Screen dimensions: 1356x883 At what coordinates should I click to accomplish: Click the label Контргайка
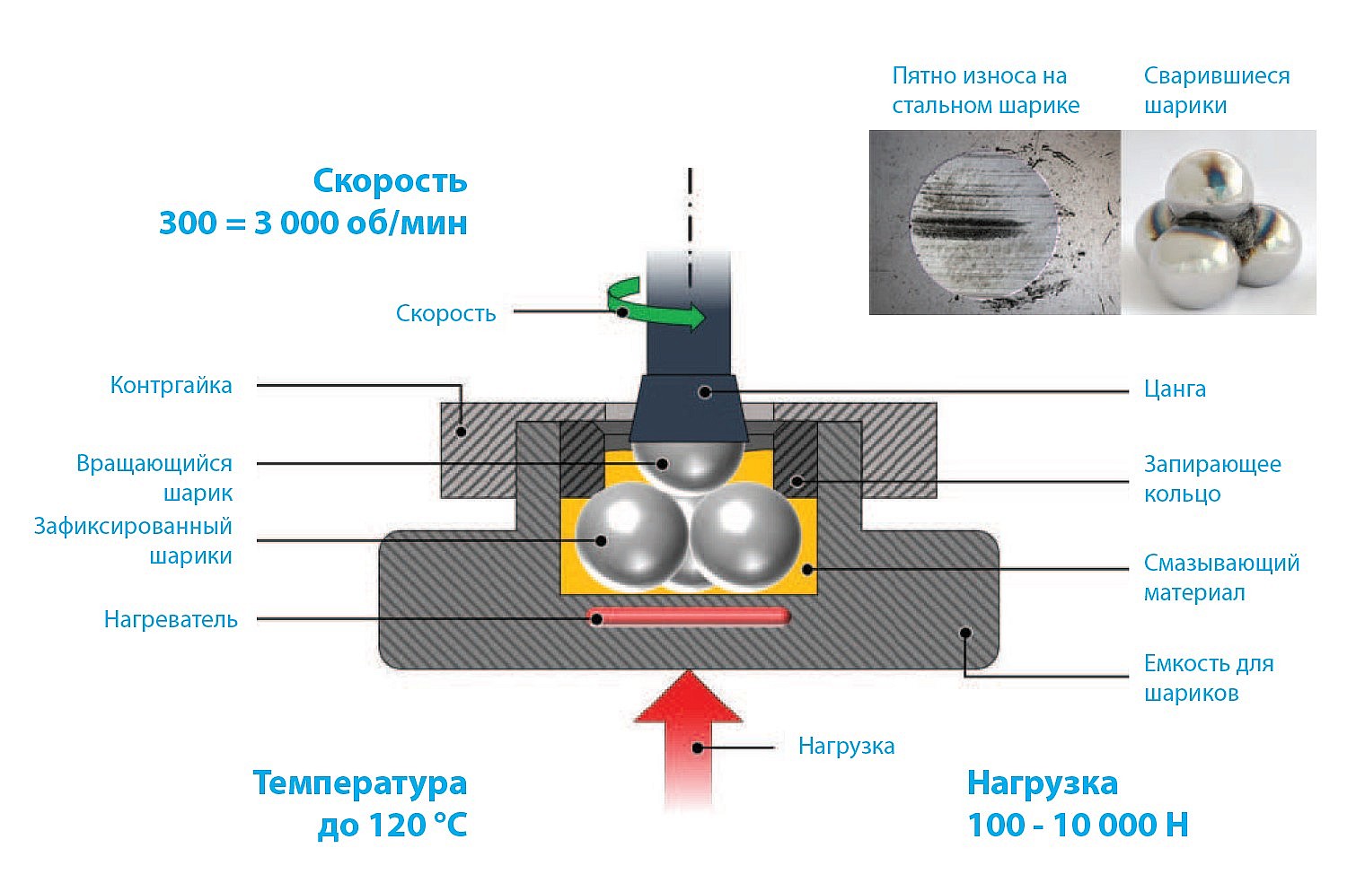[x=172, y=385]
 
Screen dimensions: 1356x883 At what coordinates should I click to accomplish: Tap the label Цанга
[x=1175, y=389]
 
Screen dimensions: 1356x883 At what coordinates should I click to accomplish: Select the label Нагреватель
[x=171, y=619]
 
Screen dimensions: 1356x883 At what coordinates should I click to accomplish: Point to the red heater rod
[x=688, y=616]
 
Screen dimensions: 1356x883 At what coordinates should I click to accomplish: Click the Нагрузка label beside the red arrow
[x=846, y=747]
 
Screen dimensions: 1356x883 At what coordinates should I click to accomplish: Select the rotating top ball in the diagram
[x=687, y=466]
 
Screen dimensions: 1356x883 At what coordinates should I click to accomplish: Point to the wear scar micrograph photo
[x=995, y=222]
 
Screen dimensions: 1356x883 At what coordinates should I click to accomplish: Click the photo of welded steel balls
[x=1219, y=222]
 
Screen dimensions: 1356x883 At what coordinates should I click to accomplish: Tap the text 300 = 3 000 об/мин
[x=313, y=223]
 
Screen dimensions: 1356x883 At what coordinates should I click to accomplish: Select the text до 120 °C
[x=392, y=825]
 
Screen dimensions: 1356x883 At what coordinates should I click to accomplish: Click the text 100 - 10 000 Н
[x=1078, y=825]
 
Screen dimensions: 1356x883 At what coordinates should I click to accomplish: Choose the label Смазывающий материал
[x=1221, y=578]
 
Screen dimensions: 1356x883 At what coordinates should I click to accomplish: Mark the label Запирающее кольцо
[x=1212, y=479]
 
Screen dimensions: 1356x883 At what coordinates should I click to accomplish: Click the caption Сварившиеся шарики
[x=1217, y=90]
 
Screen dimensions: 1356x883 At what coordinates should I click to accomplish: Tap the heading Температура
[x=360, y=783]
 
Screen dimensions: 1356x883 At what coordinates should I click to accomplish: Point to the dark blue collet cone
[x=689, y=408]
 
